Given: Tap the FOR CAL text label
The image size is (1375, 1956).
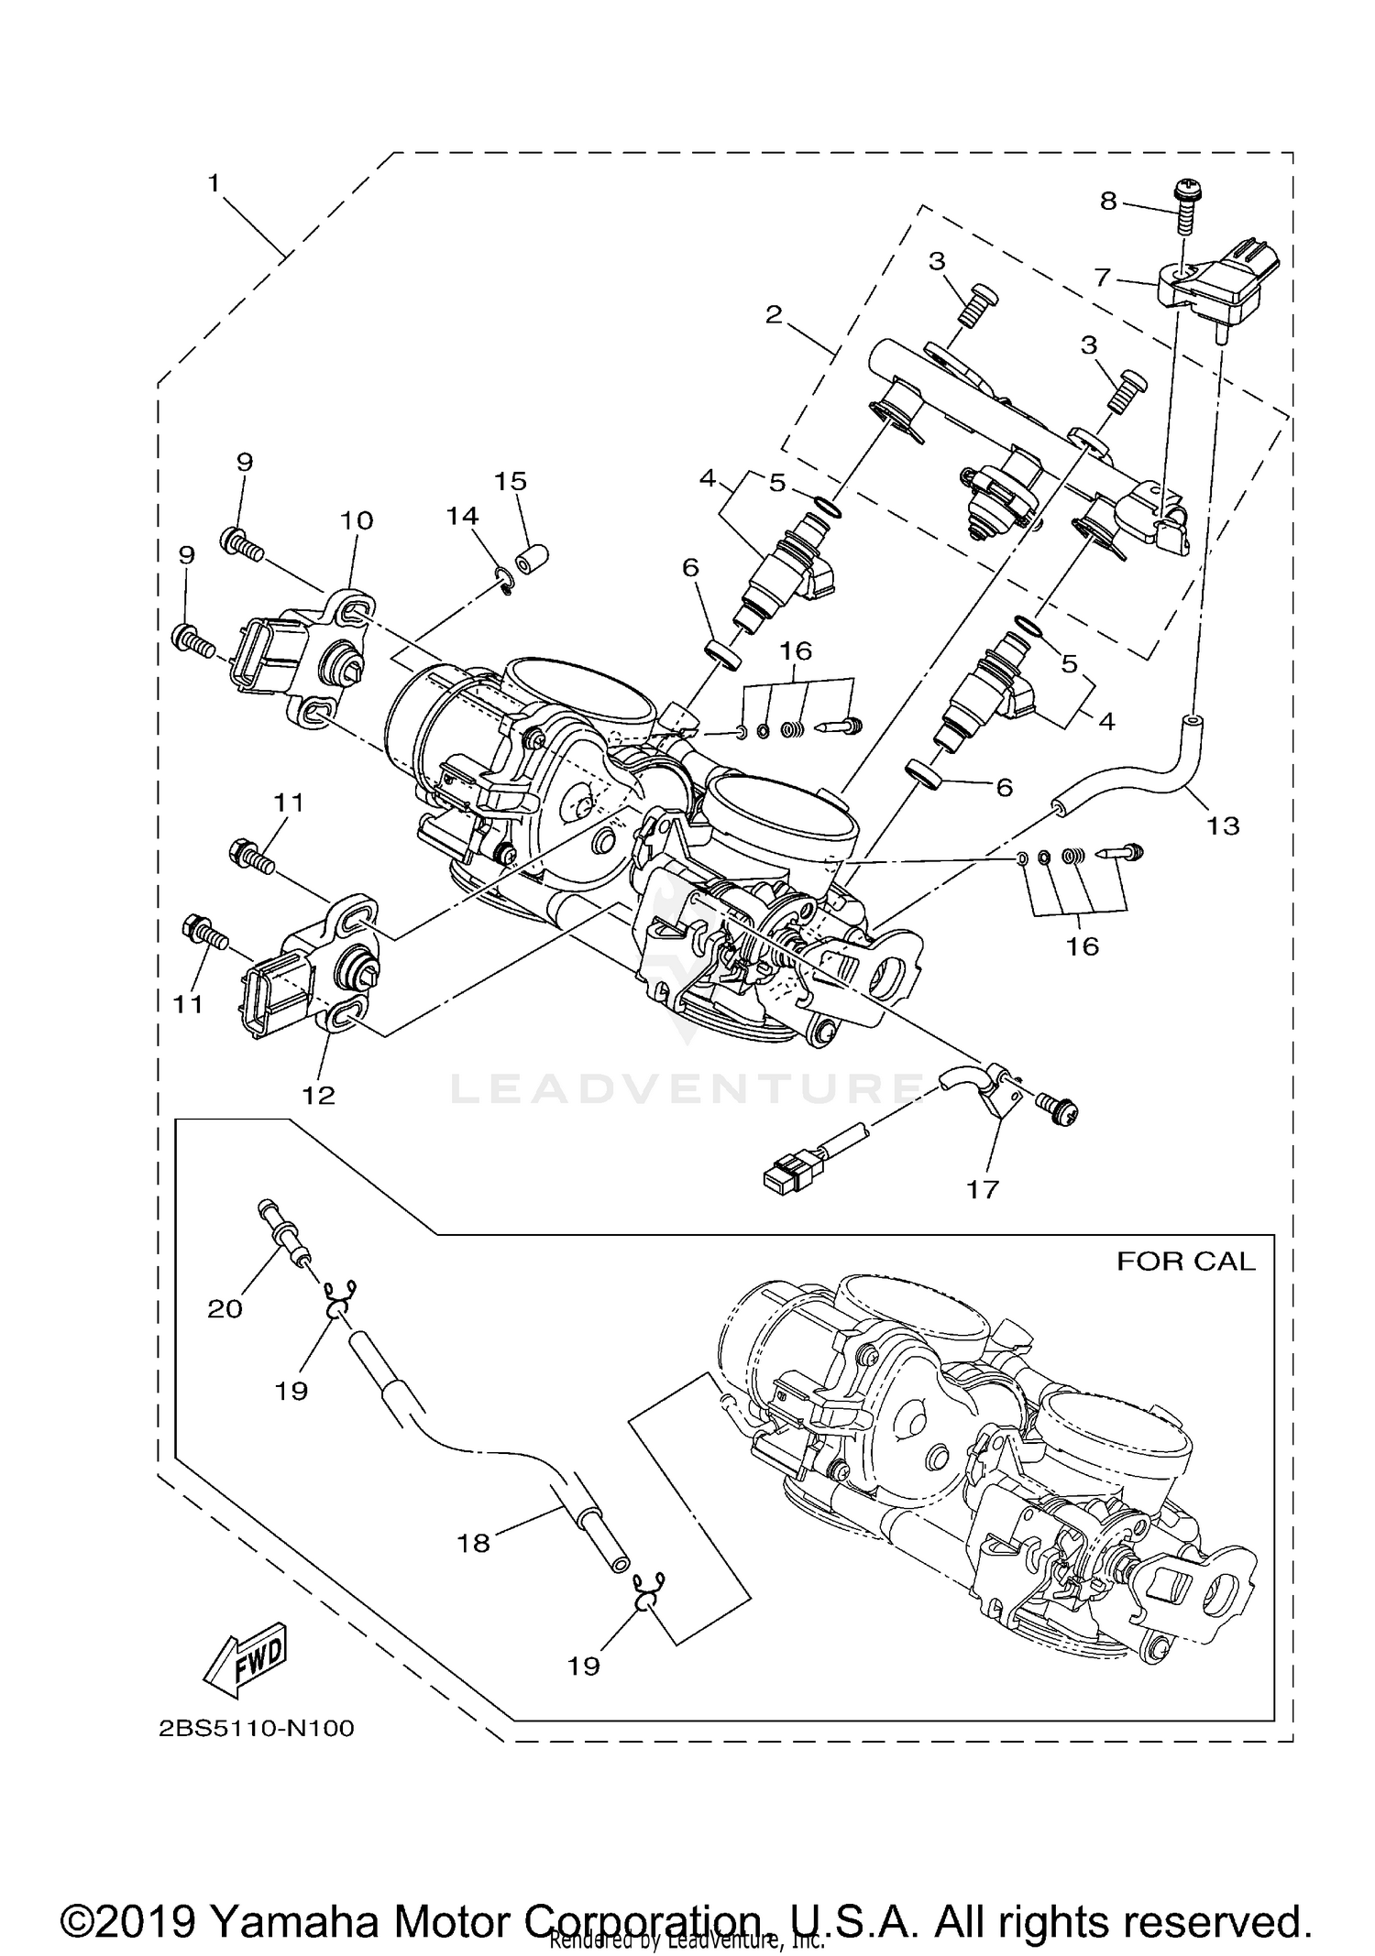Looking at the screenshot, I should [x=1184, y=1262].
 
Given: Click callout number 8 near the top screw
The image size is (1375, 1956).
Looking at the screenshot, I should [x=1108, y=201].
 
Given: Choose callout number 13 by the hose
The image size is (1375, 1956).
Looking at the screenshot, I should [x=1222, y=825].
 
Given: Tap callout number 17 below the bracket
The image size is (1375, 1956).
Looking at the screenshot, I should [x=982, y=1189].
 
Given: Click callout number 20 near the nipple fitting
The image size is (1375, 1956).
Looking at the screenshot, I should [x=225, y=1309].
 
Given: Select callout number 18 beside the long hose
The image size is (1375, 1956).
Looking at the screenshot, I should [x=474, y=1544].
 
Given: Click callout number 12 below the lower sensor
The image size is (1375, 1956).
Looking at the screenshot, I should [x=319, y=1095].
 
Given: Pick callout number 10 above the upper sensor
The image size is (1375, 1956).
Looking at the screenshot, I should [x=357, y=520].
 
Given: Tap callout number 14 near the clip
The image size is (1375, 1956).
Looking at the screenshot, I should [x=463, y=517].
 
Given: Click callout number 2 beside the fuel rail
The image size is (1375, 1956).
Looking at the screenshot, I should [x=774, y=315].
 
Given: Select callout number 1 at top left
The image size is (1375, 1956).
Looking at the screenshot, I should [x=214, y=183].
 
